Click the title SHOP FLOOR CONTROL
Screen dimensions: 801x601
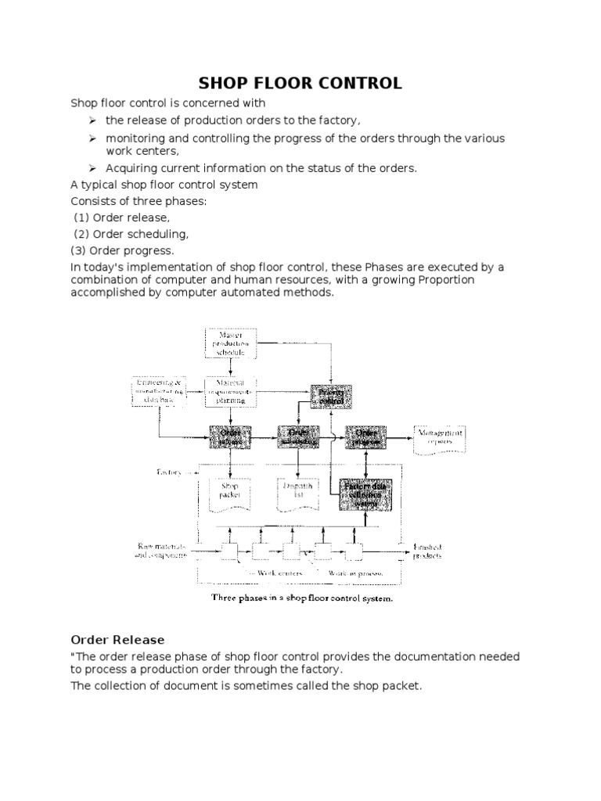(300, 83)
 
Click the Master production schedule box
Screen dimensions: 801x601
(231, 343)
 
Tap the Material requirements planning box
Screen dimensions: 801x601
(230, 391)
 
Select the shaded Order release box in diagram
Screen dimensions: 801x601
(230, 436)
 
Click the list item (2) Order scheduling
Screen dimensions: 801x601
(131, 234)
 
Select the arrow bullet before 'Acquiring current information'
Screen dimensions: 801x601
(92, 168)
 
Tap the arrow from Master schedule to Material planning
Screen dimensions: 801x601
(231, 368)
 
